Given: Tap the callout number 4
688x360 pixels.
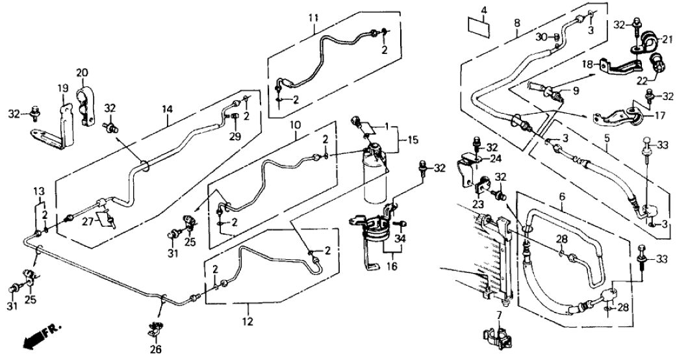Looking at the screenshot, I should coord(483,10).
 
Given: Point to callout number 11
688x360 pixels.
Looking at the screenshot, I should coord(314,13).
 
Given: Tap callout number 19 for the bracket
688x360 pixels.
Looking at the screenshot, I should coord(64,87).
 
